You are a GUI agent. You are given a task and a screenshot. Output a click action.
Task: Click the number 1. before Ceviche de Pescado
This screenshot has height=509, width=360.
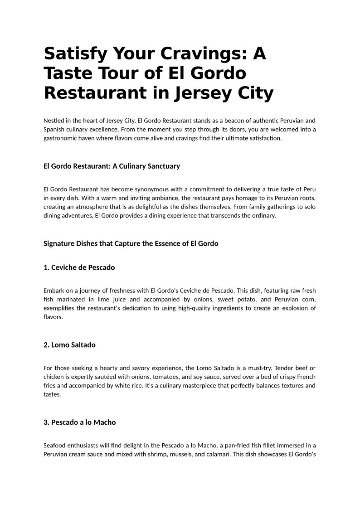click(x=46, y=267)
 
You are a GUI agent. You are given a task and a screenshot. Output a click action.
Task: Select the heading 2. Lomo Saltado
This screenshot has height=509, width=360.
click(x=69, y=345)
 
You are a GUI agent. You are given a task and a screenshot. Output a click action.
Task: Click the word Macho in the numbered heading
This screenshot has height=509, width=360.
click(x=105, y=422)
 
